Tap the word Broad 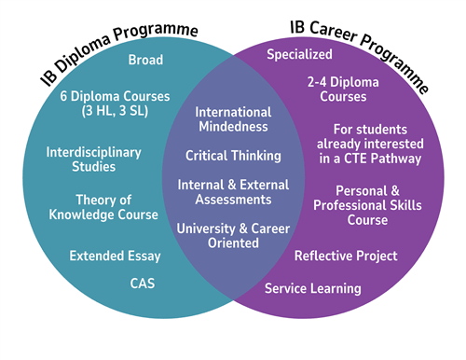point(146,61)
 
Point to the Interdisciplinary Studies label point(93,159)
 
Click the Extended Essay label point(115,256)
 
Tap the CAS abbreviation point(143,281)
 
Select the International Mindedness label point(232,118)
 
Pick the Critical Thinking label point(232,155)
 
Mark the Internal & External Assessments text point(233,191)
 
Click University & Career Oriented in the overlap point(233,235)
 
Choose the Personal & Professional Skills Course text point(365,205)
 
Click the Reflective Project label point(346,256)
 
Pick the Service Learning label point(312,289)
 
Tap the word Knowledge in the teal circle point(103,215)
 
